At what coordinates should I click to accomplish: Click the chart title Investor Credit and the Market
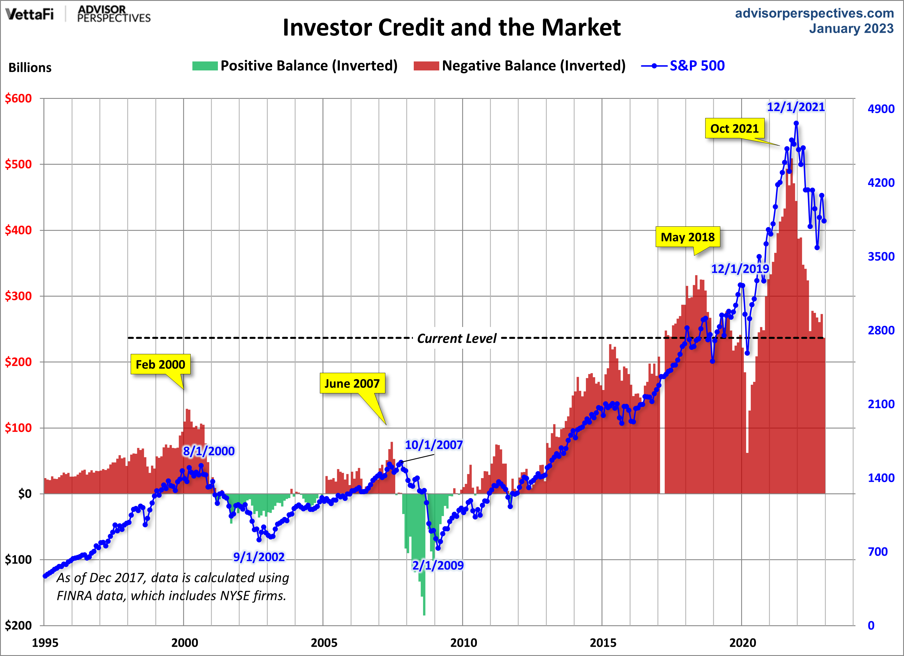click(x=452, y=28)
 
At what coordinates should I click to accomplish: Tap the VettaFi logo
click(x=30, y=14)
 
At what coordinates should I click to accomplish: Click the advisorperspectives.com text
click(x=814, y=13)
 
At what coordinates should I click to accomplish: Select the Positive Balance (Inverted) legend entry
click(x=295, y=66)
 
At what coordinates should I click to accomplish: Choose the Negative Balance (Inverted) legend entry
click(x=519, y=66)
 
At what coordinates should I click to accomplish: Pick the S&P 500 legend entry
click(x=683, y=66)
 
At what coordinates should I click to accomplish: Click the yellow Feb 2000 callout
click(x=160, y=364)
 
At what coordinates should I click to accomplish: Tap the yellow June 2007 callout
click(x=352, y=383)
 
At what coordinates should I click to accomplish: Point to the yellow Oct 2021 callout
click(x=734, y=128)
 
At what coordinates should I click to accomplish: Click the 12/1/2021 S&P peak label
click(x=796, y=107)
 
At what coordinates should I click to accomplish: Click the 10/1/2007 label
click(x=434, y=445)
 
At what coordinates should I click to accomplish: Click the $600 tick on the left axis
click(x=18, y=99)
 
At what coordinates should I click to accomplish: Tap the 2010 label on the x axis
click(x=463, y=642)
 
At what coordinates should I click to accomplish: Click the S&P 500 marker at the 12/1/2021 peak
click(x=796, y=123)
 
